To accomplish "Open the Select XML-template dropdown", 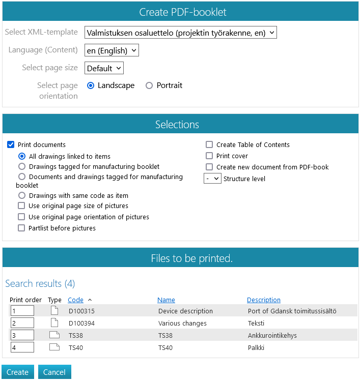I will (x=180, y=33).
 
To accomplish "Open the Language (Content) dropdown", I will (x=112, y=50).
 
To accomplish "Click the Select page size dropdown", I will (x=104, y=68).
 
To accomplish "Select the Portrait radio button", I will (x=149, y=85).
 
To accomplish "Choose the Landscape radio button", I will (x=91, y=85).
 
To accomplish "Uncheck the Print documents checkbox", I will (x=11, y=144).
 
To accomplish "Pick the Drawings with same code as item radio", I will (x=21, y=195).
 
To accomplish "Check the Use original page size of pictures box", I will (x=21, y=206).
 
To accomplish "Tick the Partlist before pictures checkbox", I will (x=21, y=228).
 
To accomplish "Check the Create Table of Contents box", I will (x=209, y=144).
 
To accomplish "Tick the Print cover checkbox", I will (x=209, y=156).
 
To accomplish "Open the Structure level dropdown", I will (x=212, y=179).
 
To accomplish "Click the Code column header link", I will (x=75, y=300).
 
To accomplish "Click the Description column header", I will (x=263, y=300).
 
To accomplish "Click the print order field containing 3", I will (x=22, y=335).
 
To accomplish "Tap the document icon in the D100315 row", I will (x=54, y=311).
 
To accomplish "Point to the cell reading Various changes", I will (x=182, y=323).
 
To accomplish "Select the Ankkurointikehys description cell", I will (x=272, y=335).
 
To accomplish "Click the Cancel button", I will (x=54, y=372).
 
